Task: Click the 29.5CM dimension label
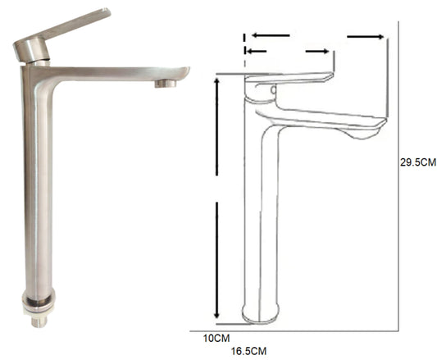[418, 162]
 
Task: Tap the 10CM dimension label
[216, 338]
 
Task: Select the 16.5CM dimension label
[248, 351]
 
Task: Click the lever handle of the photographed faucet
[70, 25]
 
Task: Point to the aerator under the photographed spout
[166, 84]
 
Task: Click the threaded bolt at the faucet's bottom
[39, 321]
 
